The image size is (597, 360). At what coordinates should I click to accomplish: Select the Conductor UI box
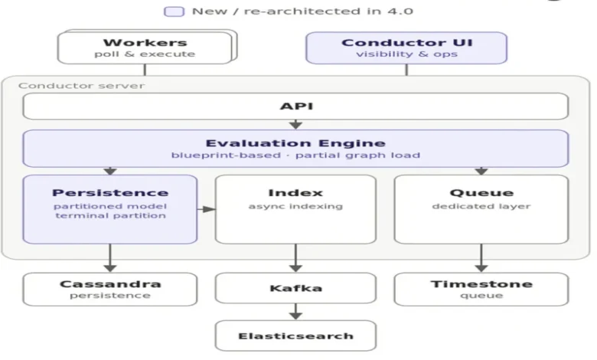[x=406, y=47]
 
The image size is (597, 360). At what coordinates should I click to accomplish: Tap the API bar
[x=295, y=106]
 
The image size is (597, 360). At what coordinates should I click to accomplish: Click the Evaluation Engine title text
[x=295, y=143]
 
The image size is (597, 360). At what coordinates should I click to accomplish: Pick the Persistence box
[x=110, y=209]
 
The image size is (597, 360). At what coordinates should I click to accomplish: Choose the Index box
[x=295, y=209]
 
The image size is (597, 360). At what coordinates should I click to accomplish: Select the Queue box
[x=481, y=209]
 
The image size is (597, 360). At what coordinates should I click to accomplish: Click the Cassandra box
[x=110, y=289]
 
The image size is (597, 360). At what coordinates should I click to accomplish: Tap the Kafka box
[x=295, y=288]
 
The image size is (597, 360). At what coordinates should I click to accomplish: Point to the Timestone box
[x=481, y=289]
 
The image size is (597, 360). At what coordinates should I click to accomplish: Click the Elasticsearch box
[x=295, y=335]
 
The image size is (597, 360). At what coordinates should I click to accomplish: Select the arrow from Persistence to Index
[x=207, y=209]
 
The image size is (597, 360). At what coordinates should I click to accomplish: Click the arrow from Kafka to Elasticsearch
[x=295, y=312]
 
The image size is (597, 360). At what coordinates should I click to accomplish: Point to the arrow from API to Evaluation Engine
[x=295, y=124]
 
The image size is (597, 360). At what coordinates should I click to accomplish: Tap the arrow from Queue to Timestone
[x=481, y=258]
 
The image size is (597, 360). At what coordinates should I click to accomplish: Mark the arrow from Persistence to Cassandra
[x=110, y=258]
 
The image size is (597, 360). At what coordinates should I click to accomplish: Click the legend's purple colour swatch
[x=174, y=11]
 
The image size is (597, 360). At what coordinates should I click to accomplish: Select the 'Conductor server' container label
[x=81, y=86]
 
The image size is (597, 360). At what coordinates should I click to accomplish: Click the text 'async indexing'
[x=295, y=206]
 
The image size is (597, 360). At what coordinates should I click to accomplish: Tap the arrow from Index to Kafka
[x=295, y=258]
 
